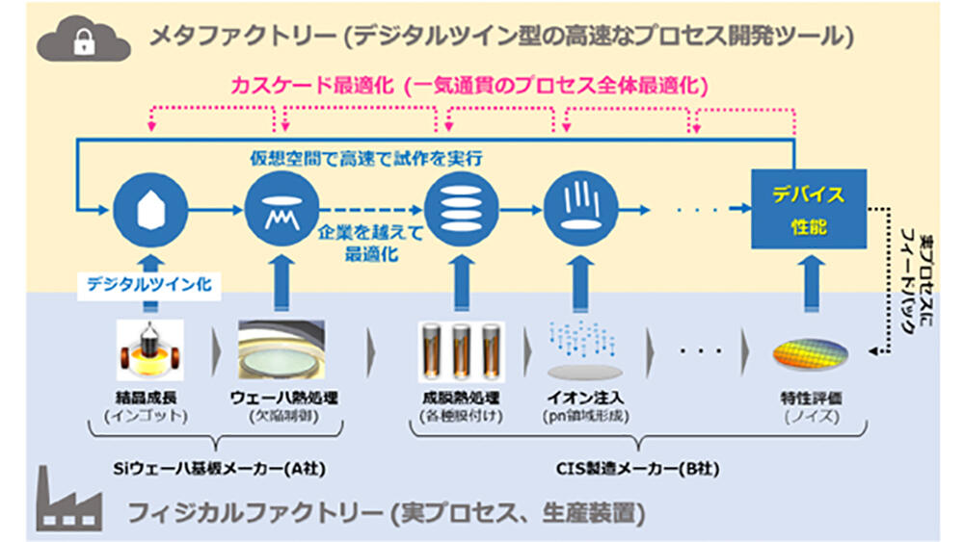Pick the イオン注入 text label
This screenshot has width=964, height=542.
pos(579,397)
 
